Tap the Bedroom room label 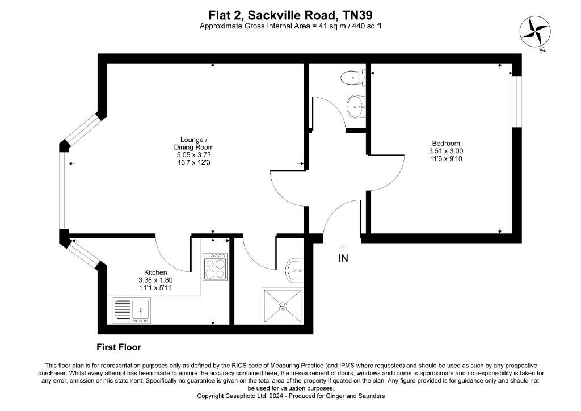[x=445, y=143]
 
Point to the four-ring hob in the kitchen [x=216, y=267]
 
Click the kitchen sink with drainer [x=131, y=310]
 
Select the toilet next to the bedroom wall [x=353, y=77]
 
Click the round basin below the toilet [x=356, y=106]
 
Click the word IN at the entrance [x=343, y=258]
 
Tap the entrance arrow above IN [x=343, y=247]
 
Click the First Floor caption [x=119, y=347]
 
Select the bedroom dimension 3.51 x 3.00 [x=446, y=151]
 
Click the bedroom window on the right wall [x=516, y=101]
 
